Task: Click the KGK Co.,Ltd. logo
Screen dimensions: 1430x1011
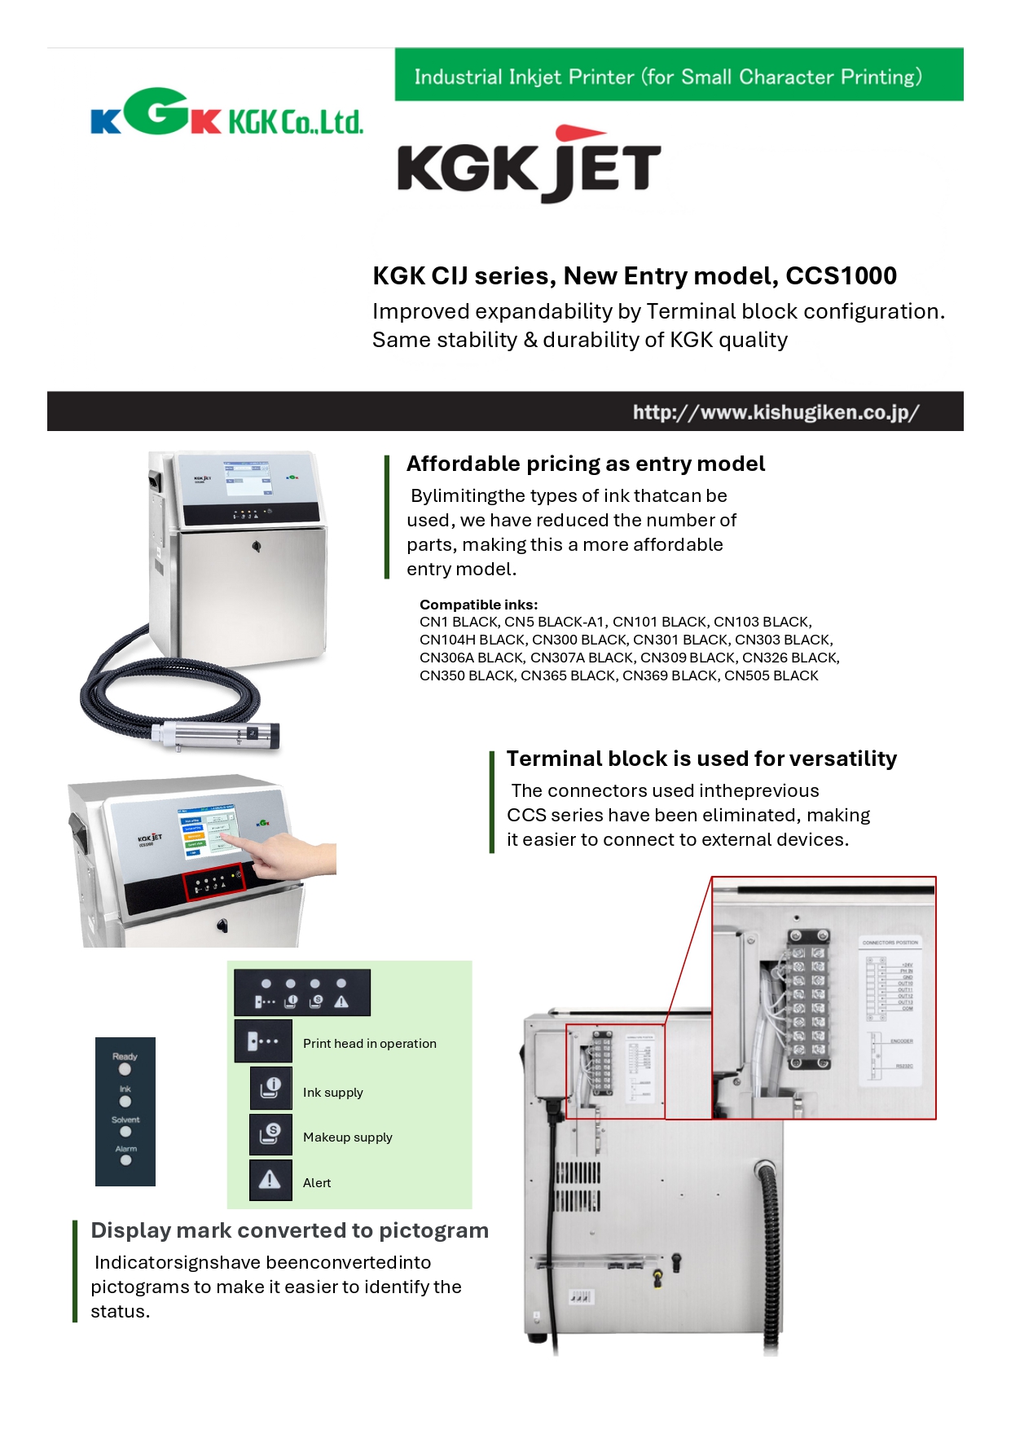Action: tap(226, 114)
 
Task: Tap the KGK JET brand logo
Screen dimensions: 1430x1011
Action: tap(529, 165)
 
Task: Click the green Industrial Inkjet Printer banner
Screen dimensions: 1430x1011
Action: tap(678, 75)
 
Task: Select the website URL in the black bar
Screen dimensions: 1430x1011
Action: tap(776, 412)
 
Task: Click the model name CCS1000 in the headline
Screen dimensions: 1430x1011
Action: tap(841, 276)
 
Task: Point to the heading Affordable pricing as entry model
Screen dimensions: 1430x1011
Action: tap(585, 464)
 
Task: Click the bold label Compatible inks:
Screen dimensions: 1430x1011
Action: tap(478, 605)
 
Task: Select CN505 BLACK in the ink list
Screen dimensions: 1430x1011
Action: tap(771, 675)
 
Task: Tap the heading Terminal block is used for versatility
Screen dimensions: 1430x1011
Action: tap(701, 759)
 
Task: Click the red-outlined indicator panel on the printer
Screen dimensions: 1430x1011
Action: tap(213, 882)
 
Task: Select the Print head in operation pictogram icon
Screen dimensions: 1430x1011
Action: tap(263, 1041)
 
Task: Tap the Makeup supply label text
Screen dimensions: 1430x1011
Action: tap(347, 1137)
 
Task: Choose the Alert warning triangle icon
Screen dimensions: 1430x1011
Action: tap(270, 1181)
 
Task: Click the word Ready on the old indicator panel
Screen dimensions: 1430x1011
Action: tap(125, 1056)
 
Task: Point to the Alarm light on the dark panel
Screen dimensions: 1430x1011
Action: tap(125, 1160)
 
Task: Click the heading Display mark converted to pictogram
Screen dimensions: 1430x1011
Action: tap(289, 1230)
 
